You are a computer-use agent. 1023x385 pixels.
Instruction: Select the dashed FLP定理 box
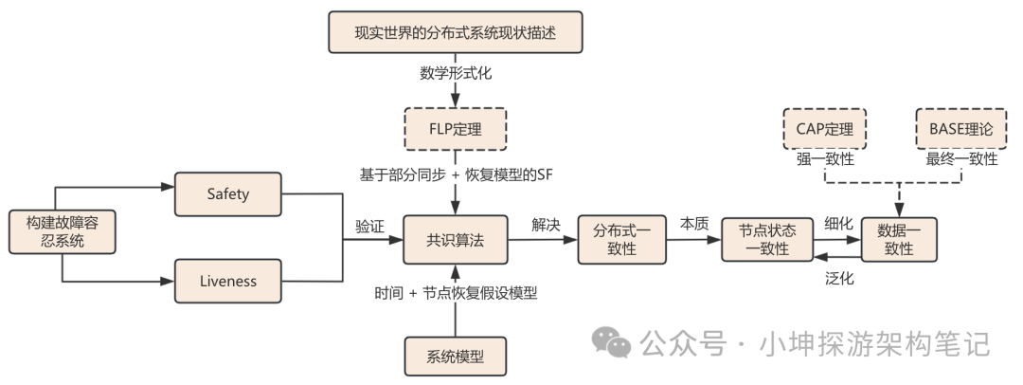(455, 128)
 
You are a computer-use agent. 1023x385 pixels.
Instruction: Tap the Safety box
(228, 193)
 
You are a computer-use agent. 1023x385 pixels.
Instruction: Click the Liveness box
(228, 281)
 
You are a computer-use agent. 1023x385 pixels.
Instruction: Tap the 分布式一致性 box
(621, 239)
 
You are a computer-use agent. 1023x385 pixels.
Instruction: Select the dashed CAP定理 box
(826, 128)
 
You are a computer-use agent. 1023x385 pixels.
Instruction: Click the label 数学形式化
(455, 73)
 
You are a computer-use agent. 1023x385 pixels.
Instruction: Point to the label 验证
(370, 226)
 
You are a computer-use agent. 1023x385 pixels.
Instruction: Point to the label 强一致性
(826, 159)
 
